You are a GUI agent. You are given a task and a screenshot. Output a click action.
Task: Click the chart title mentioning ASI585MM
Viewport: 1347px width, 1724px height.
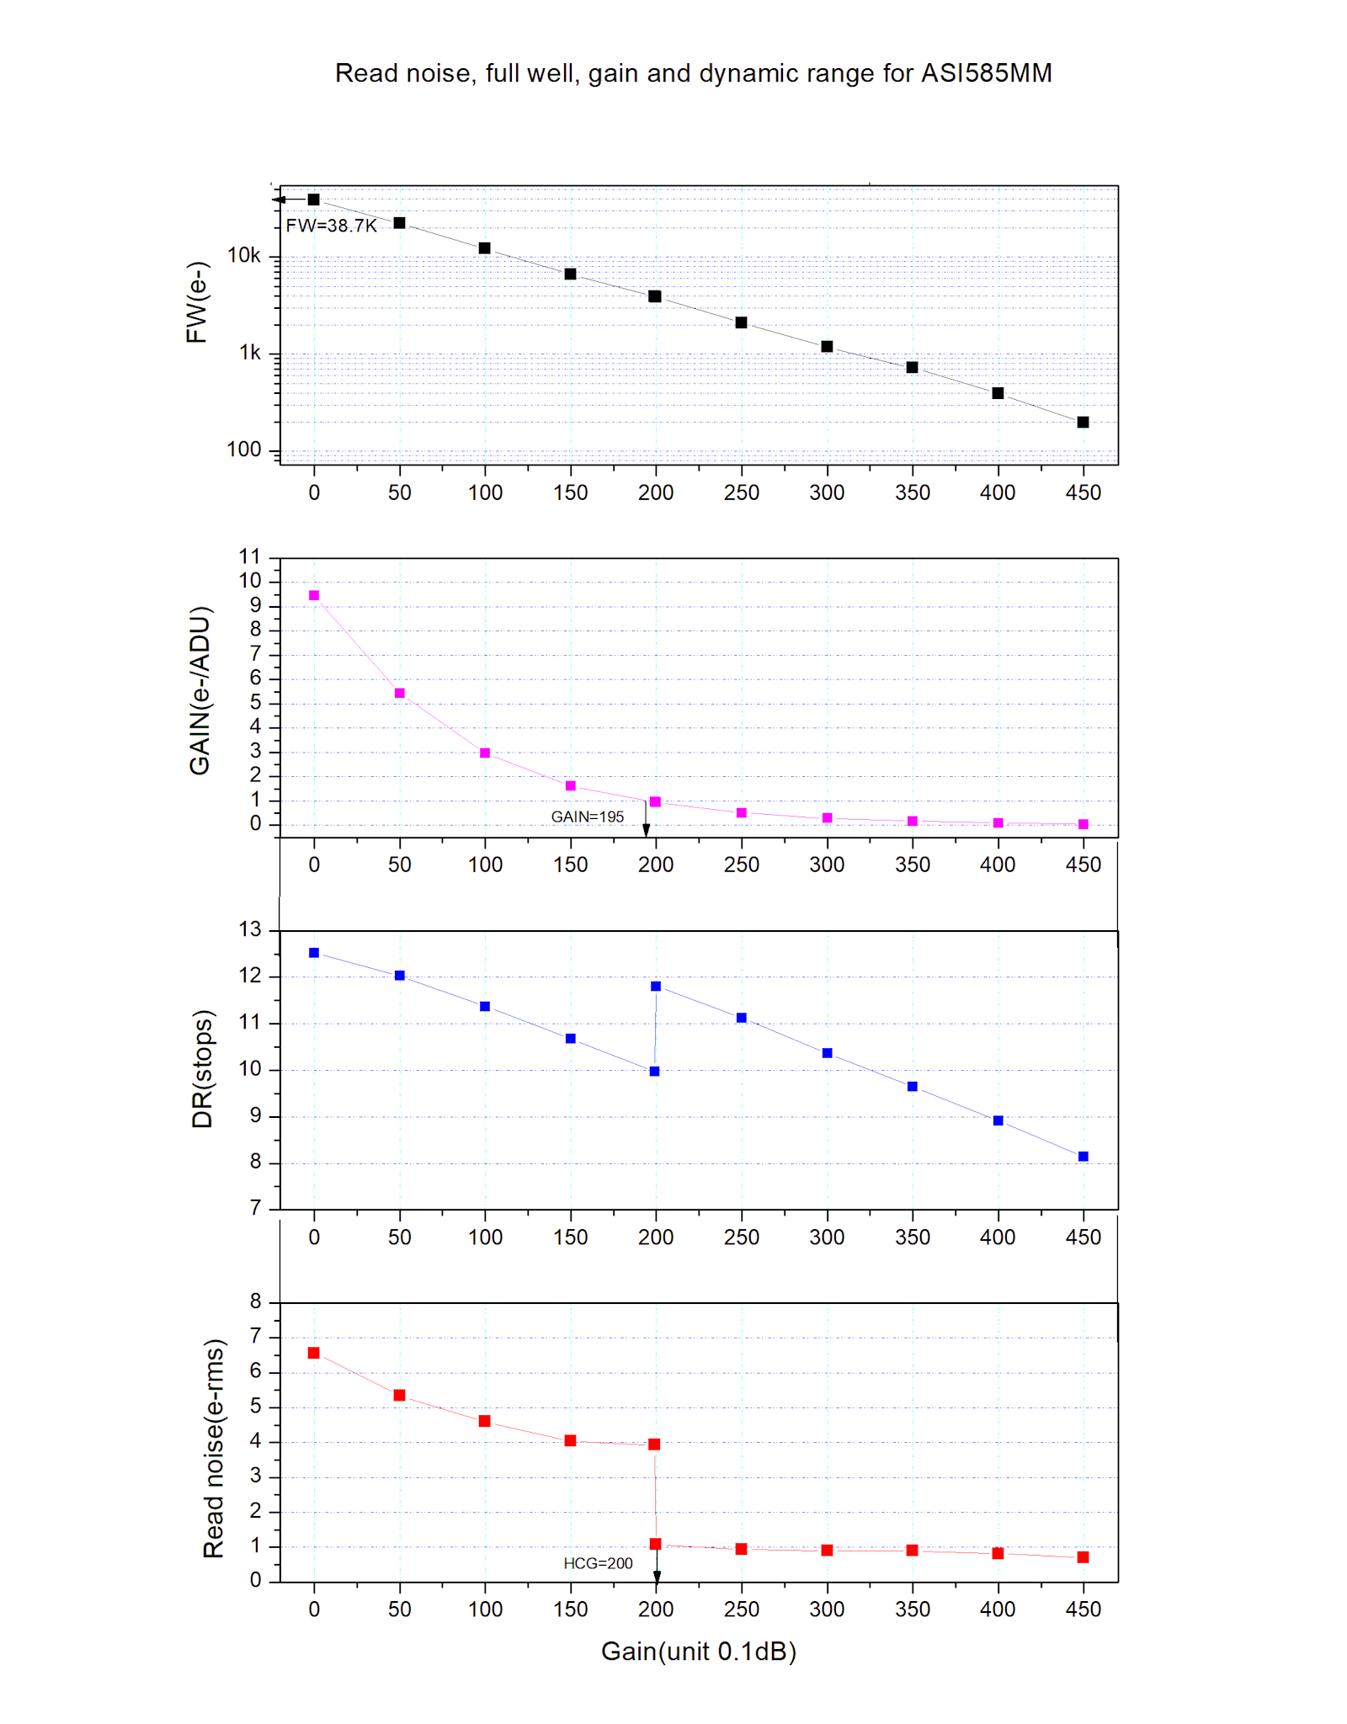[693, 73]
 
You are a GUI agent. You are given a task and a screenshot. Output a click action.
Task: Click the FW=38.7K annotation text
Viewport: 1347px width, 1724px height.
[331, 226]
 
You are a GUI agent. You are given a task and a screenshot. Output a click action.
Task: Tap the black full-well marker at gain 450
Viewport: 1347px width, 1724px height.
[1083, 422]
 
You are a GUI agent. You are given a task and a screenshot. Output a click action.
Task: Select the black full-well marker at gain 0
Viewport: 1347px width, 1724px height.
[314, 200]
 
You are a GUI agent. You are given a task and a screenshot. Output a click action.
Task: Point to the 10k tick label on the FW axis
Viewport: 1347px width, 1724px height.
[243, 255]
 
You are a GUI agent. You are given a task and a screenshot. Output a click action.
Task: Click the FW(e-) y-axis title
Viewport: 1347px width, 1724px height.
[197, 302]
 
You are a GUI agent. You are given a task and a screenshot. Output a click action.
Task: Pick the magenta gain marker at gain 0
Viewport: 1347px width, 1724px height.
[314, 595]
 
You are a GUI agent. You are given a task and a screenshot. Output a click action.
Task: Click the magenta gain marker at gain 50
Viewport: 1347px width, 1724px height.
[400, 693]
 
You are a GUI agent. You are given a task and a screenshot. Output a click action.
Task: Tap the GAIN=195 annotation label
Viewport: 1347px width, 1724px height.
[587, 817]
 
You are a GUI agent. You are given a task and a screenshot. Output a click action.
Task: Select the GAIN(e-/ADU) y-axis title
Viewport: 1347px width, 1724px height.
[200, 690]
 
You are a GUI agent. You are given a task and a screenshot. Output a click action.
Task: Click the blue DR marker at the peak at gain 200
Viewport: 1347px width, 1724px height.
[656, 986]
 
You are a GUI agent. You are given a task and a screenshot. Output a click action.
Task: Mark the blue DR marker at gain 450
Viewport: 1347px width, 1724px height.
[1083, 1157]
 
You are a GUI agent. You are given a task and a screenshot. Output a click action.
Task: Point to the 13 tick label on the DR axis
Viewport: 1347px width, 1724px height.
[250, 929]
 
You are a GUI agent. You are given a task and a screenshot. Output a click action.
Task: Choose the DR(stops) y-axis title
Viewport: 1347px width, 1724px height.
[203, 1069]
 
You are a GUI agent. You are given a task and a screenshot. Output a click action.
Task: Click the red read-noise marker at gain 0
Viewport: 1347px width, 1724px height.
[314, 1353]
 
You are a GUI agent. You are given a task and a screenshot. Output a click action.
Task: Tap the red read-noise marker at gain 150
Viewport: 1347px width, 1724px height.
[570, 1440]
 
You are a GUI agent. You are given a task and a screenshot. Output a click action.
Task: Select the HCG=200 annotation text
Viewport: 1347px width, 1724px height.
[598, 1563]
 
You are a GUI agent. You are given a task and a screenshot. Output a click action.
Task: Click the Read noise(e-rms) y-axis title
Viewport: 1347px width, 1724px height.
[214, 1448]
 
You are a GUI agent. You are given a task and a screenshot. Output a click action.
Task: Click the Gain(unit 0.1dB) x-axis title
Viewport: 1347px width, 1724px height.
[698, 1652]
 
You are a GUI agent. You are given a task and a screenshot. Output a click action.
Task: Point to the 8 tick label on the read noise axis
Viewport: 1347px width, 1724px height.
[255, 1301]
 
